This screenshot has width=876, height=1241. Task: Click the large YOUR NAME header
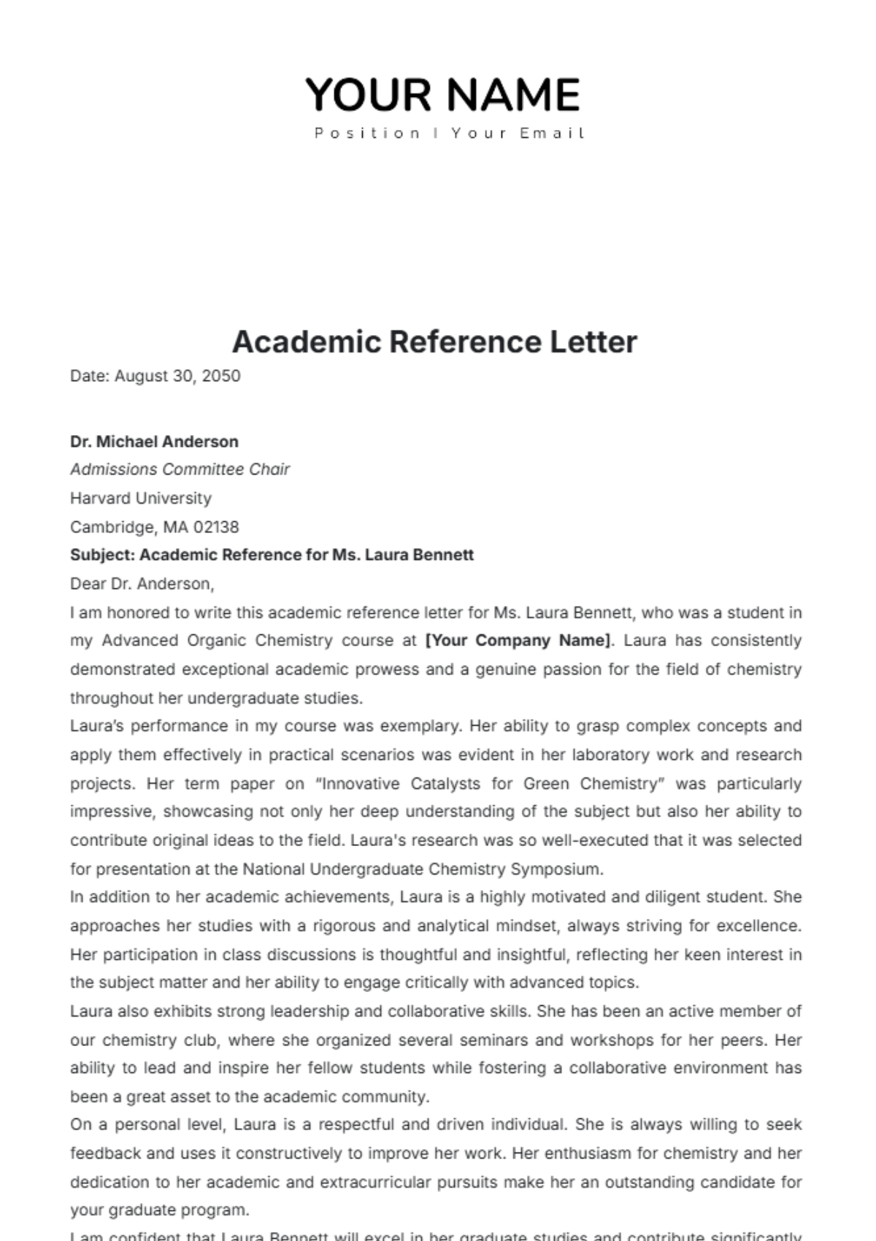[442, 95]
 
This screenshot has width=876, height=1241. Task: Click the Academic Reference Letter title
[435, 342]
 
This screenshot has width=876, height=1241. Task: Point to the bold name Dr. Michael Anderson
[154, 442]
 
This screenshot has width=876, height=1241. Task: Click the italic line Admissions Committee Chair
[180, 469]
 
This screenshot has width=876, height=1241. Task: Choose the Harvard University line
[141, 499]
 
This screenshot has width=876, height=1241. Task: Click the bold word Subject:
[102, 555]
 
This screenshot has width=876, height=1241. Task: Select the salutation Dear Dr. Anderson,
[142, 584]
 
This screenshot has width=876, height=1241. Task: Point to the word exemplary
[426, 726]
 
